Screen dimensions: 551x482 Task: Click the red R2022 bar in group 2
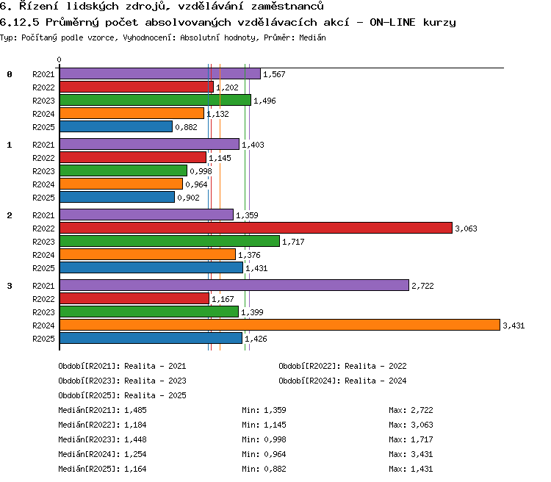pos(256,228)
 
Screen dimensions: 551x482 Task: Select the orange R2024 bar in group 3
pos(280,325)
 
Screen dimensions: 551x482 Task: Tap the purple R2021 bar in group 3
pos(234,285)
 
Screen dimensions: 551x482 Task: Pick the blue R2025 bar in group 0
pos(116,126)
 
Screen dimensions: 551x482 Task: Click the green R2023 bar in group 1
pos(123,170)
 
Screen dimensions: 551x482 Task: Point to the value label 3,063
pos(466,229)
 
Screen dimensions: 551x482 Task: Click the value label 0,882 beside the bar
pos(187,127)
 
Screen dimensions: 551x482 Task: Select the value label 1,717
pos(293,242)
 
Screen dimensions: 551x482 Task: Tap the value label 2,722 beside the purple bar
pos(422,286)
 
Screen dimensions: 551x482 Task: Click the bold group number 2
pos(10,215)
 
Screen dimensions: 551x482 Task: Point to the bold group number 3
pos(10,286)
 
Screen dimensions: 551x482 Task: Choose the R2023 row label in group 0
pos(43,101)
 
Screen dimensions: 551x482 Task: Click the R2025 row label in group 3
pos(43,339)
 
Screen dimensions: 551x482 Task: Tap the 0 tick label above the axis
pos(59,60)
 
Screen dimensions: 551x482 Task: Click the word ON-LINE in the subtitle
pos(392,22)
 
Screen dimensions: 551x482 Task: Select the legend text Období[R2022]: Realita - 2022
pos(342,366)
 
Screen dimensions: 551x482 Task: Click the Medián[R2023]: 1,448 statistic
pos(102,439)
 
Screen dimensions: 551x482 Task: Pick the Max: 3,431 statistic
pos(411,454)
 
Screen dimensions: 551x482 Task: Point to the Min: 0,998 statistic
pos(264,439)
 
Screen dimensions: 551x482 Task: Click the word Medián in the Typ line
pos(312,37)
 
